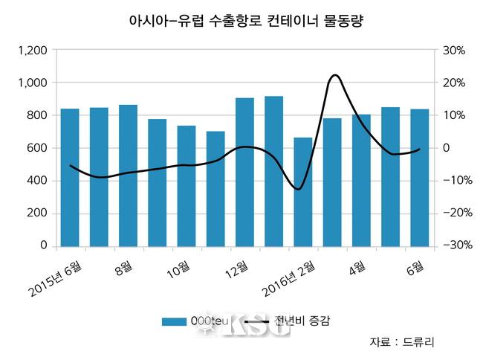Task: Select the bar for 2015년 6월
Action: point(70,177)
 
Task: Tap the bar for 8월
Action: point(128,176)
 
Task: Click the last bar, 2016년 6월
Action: point(419,177)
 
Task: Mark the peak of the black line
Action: point(334,75)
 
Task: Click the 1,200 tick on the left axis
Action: point(33,51)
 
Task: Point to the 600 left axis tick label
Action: point(37,148)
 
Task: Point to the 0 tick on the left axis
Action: point(44,245)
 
